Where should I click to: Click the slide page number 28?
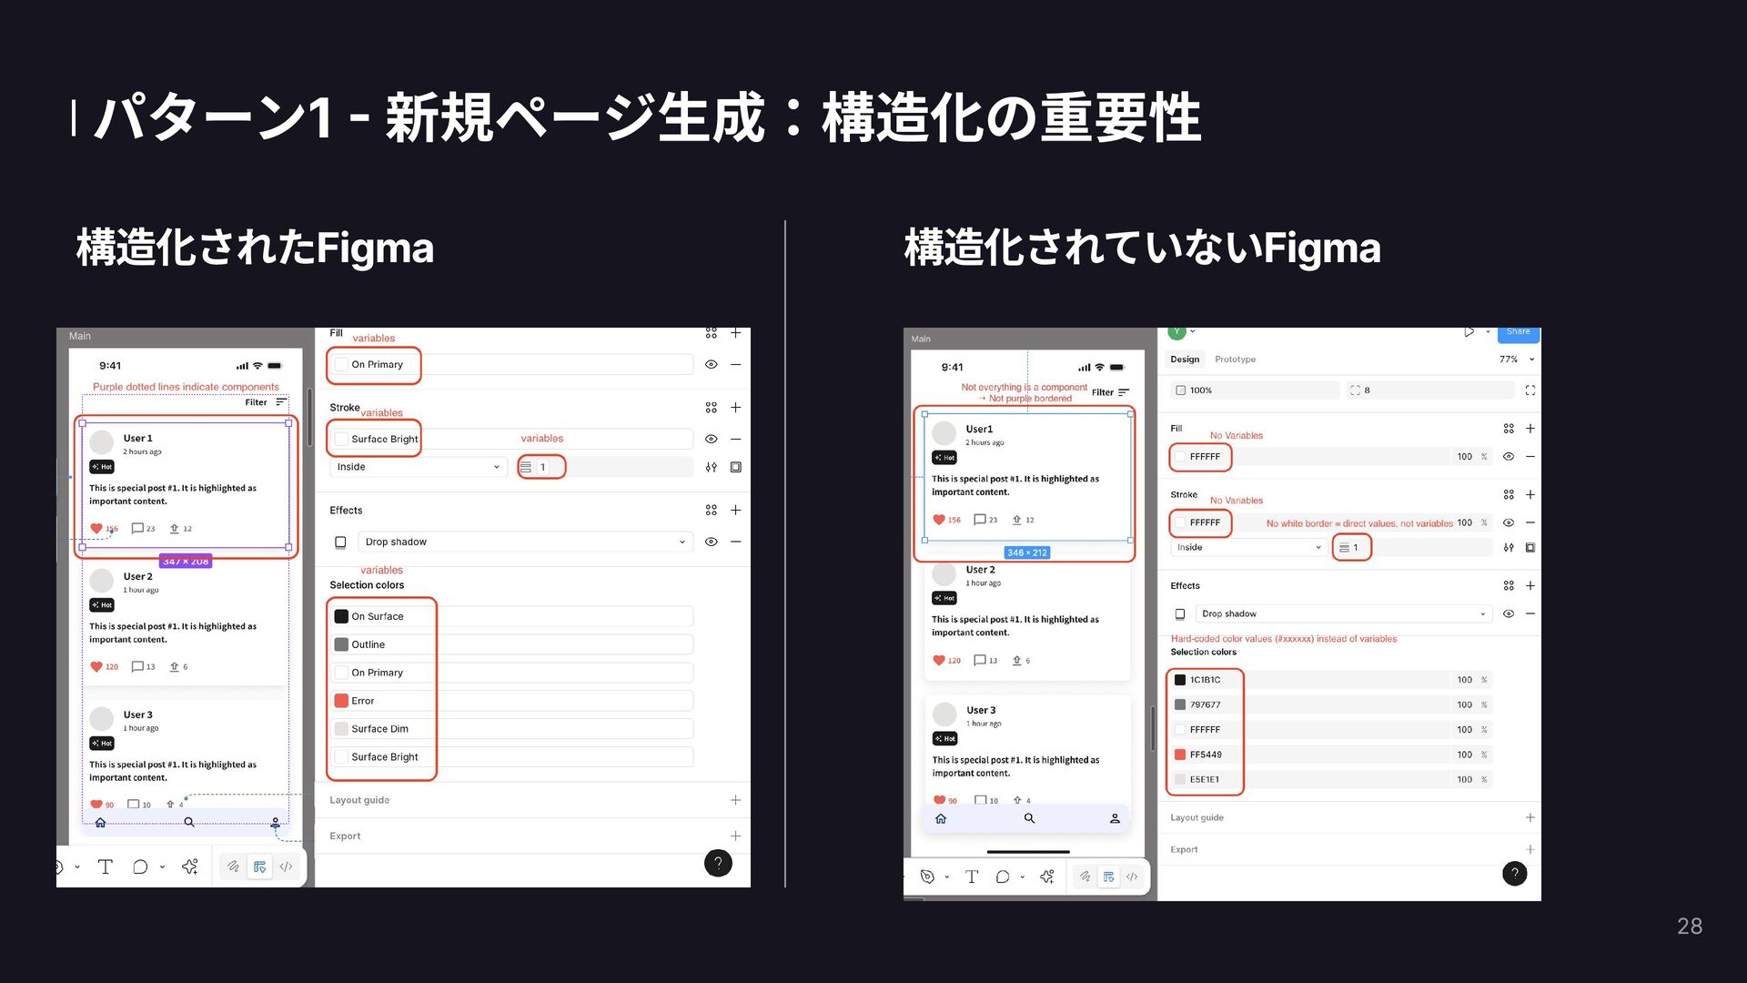click(1689, 926)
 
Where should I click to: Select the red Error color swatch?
click(341, 701)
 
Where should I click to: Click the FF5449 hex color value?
click(1206, 755)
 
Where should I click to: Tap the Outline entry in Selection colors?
click(369, 644)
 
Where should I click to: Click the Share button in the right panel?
click(1517, 332)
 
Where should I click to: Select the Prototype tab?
click(1235, 360)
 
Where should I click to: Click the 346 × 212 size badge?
click(1027, 552)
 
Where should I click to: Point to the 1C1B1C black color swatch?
click(1180, 680)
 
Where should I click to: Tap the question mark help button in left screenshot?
click(718, 863)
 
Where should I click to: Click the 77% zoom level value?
click(1508, 360)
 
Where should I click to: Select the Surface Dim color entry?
click(379, 729)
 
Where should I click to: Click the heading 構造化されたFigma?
click(255, 248)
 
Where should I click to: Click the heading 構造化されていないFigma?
click(1142, 248)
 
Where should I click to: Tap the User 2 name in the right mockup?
click(980, 570)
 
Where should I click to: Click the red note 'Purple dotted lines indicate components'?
click(186, 387)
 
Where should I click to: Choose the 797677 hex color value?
click(1206, 704)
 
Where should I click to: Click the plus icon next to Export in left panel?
click(735, 836)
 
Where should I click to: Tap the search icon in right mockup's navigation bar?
click(1029, 818)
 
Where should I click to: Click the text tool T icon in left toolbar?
click(105, 866)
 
